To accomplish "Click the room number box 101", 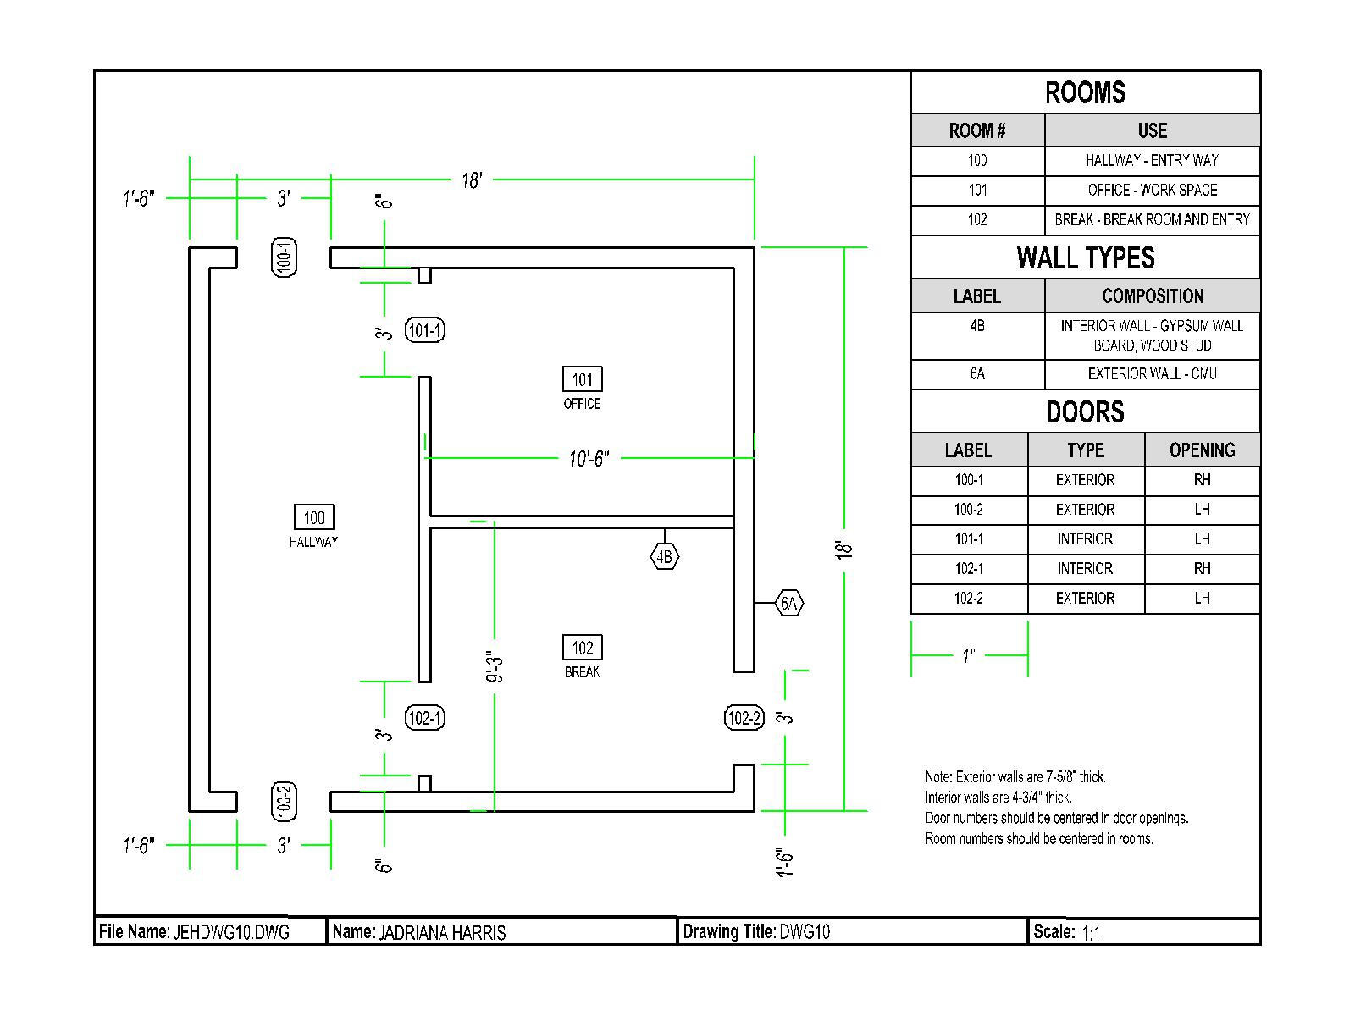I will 582,379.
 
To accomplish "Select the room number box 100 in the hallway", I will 313,517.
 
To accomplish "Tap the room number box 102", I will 582,648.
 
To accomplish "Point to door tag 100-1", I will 285,257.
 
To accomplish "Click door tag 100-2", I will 285,801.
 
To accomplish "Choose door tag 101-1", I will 425,330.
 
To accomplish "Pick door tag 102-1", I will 425,718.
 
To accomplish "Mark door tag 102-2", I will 744,718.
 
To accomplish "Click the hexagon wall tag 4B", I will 665,556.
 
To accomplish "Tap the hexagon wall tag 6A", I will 788,603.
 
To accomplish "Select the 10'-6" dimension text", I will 589,458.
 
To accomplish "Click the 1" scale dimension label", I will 969,655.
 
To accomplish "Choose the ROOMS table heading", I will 1085,92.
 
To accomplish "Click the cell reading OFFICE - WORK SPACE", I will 1152,190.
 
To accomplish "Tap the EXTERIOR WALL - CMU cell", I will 1152,373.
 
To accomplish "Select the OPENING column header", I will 1202,450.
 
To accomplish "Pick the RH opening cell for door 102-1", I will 1202,568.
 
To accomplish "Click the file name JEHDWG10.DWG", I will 231,932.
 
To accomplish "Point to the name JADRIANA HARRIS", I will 441,932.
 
